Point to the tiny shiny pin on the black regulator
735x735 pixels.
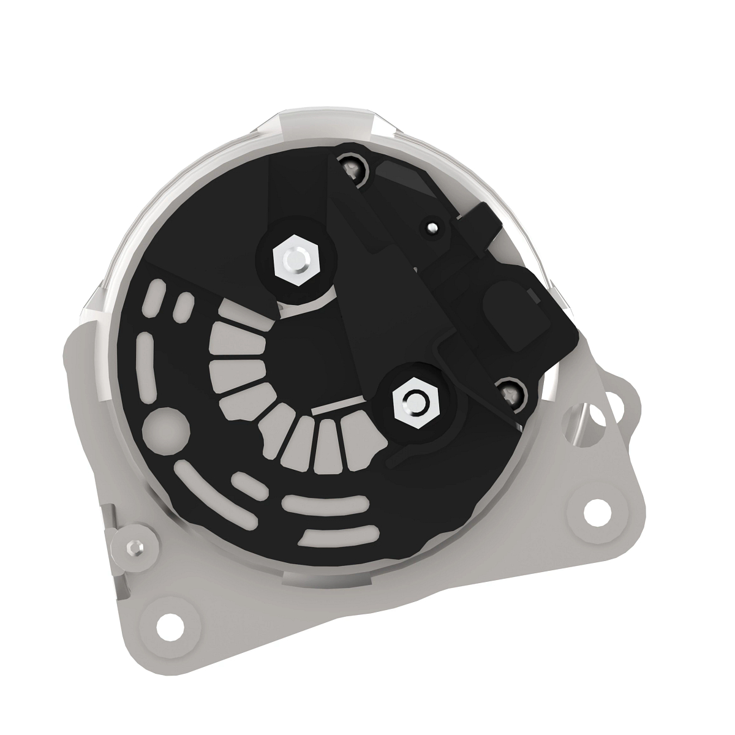point(432,227)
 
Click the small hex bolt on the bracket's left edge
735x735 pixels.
point(134,545)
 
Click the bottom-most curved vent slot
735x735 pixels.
point(337,534)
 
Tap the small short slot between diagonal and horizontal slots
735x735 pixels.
point(248,482)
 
